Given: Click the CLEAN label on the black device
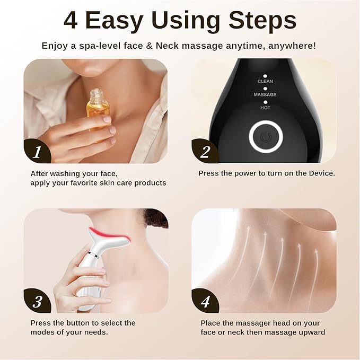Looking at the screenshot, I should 265,81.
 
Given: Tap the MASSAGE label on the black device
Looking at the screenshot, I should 265,94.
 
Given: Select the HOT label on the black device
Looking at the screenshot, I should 265,107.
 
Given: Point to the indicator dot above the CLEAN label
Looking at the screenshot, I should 265,75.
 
